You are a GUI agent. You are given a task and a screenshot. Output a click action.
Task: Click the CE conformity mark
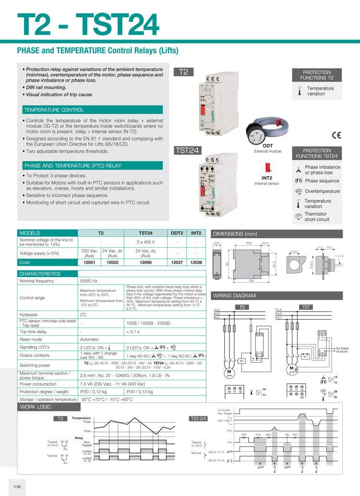click(336, 135)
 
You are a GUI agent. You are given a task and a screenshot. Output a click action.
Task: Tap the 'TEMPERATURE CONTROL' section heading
click(54, 110)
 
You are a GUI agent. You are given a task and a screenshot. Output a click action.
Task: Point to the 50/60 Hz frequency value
click(89, 280)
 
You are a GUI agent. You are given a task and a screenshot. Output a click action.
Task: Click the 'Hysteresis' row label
click(29, 315)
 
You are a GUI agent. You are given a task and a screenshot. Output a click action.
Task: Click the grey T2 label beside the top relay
click(183, 73)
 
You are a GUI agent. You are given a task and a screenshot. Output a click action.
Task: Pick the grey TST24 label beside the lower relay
click(187, 151)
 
